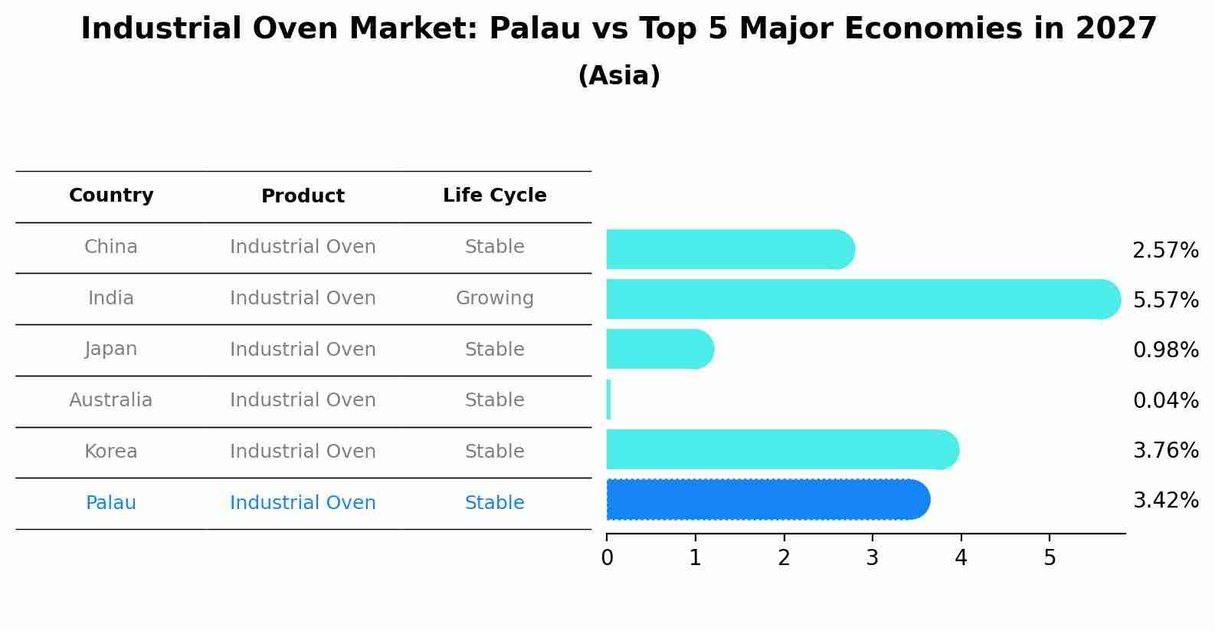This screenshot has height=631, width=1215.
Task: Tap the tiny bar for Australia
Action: coord(609,399)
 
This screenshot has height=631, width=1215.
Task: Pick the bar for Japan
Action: coord(659,349)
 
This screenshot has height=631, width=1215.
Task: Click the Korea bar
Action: coord(781,449)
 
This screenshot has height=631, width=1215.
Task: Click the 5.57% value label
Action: coord(1165,300)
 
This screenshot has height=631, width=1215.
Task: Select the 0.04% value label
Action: coord(1165,400)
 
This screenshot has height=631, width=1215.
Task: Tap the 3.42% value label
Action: coord(1165,501)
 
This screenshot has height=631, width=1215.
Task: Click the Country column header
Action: coord(111,196)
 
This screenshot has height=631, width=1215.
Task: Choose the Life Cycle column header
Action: coord(494,196)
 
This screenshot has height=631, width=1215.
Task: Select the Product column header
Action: coord(303,196)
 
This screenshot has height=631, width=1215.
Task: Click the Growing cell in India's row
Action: coord(494,298)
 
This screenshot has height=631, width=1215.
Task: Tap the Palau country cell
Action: coord(111,503)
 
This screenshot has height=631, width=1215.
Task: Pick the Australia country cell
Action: coord(111,400)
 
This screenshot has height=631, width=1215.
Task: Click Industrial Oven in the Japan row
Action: coord(303,350)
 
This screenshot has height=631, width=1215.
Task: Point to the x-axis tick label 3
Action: coord(872,558)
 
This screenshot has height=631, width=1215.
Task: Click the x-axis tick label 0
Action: coord(607,558)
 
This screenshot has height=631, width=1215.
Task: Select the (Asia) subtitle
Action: coord(619,76)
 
